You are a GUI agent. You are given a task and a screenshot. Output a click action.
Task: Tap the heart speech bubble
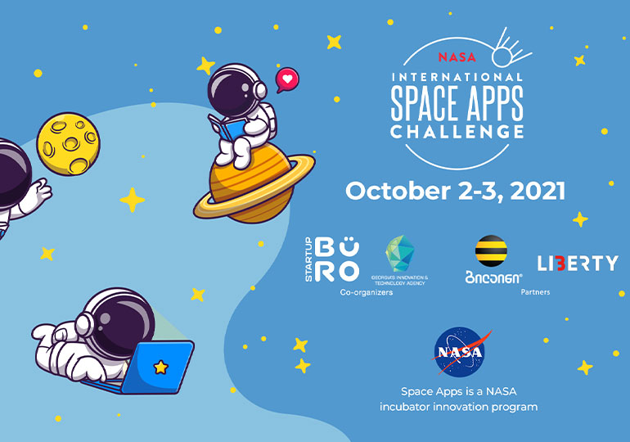pyautogui.click(x=286, y=79)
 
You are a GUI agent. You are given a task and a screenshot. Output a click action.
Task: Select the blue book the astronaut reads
pyautogui.click(x=230, y=130)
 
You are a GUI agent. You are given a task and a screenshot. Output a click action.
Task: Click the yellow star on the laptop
pyautogui.click(x=161, y=367)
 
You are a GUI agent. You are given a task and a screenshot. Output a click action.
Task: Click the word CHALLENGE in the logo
pyautogui.click(x=457, y=131)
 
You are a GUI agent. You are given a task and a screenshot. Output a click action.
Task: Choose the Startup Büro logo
pyautogui.click(x=331, y=260)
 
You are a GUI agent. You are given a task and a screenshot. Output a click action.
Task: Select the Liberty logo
pyautogui.click(x=577, y=263)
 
